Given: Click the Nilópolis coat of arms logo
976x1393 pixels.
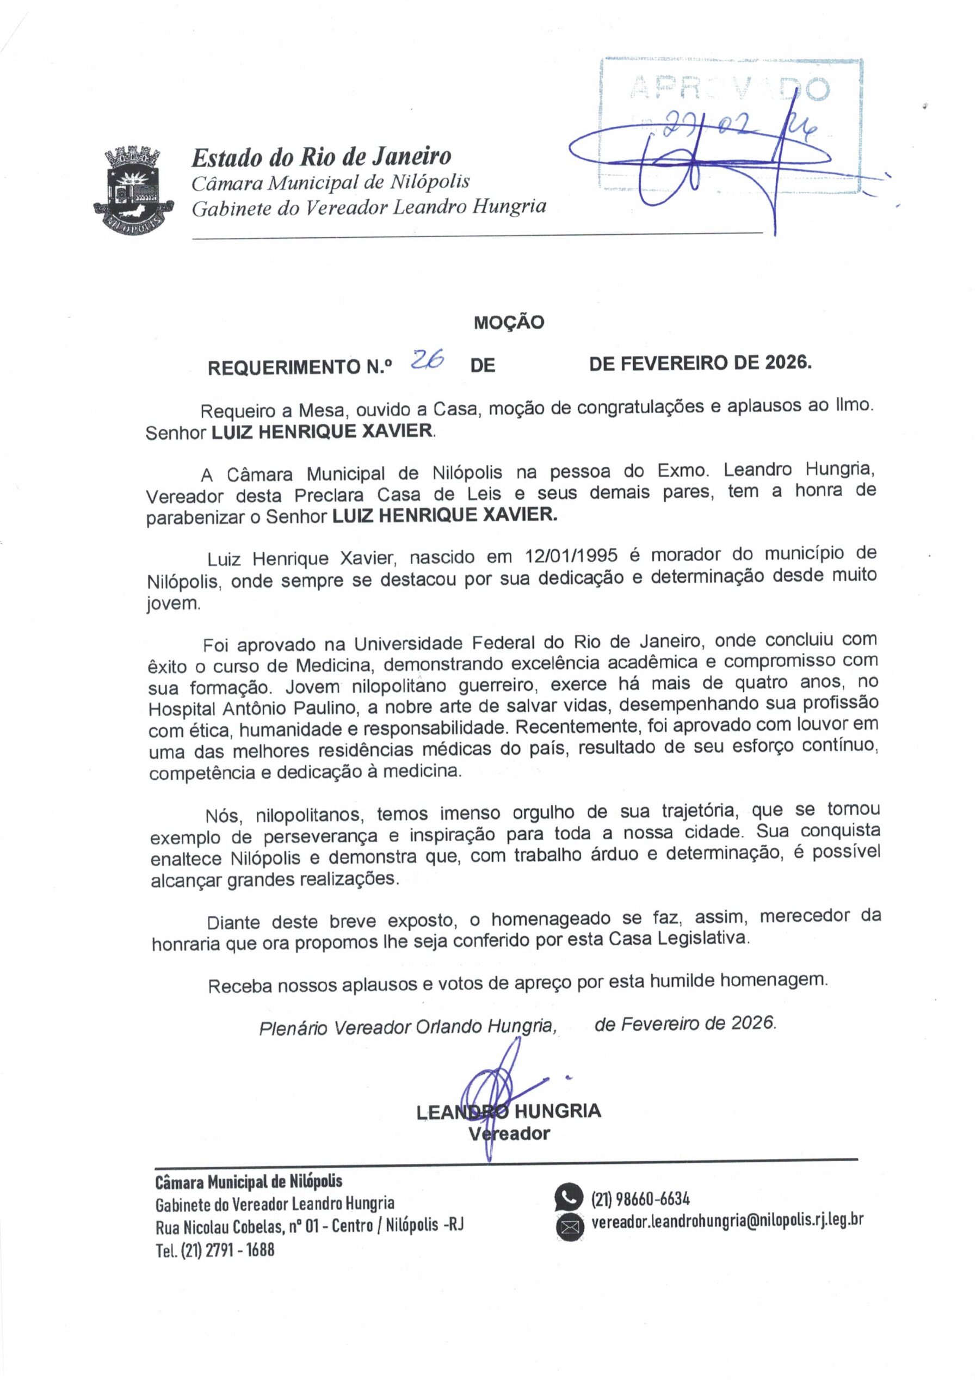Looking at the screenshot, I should click(133, 190).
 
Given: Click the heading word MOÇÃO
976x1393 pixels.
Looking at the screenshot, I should click(508, 322).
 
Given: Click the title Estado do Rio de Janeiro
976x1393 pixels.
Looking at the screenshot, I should click(322, 157).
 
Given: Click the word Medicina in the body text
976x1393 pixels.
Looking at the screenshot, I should click(333, 665).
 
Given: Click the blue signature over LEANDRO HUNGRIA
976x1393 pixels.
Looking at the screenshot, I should click(497, 1086).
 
